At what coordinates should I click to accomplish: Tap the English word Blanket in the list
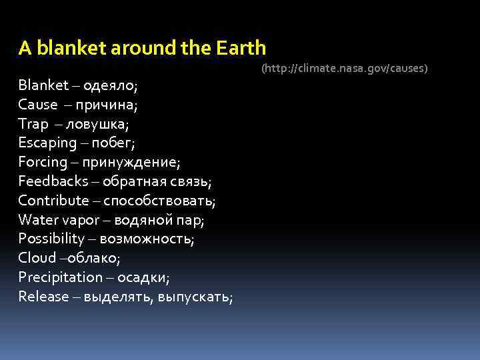coord(43,85)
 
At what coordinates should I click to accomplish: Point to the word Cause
coord(38,105)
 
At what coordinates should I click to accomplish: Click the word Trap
coord(33,124)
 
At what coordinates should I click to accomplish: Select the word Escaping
coord(47,143)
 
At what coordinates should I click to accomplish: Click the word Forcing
coord(43,162)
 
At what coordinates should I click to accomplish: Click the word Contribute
coord(53,200)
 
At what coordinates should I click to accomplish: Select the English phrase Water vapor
coord(56,219)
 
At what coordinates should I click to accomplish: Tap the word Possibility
coord(51,239)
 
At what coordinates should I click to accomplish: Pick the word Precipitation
coord(61,277)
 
